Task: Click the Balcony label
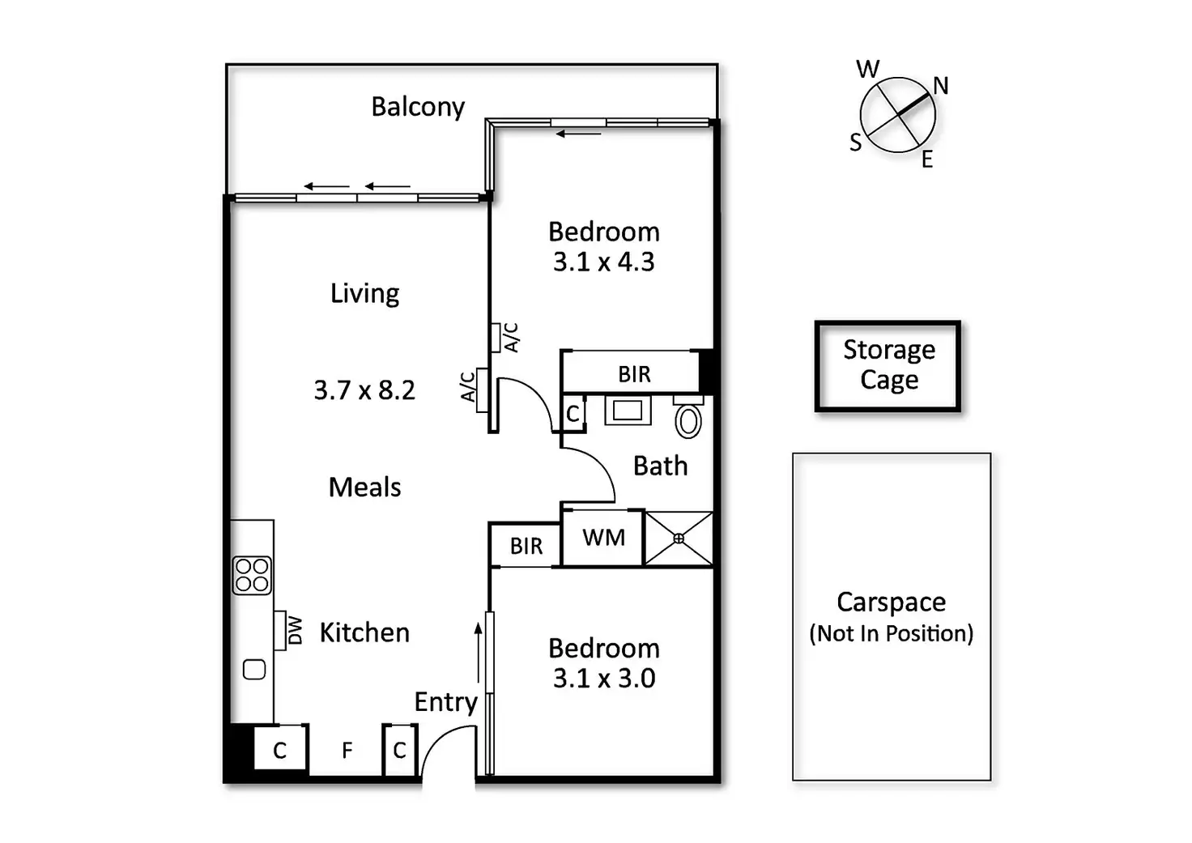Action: click(418, 107)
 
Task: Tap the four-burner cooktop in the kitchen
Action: click(252, 575)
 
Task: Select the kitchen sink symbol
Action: click(254, 670)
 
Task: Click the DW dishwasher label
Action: click(296, 630)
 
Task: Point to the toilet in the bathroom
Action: click(688, 419)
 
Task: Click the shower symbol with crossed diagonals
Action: click(679, 539)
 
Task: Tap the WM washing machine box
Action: click(603, 538)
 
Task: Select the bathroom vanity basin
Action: click(628, 411)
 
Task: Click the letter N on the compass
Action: click(941, 86)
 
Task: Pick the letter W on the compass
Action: click(868, 70)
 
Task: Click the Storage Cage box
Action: click(888, 365)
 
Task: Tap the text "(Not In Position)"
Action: click(891, 633)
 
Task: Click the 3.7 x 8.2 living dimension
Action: click(364, 390)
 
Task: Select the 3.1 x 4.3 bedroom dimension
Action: click(604, 262)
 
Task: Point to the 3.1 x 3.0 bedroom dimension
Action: click(604, 679)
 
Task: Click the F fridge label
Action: click(347, 751)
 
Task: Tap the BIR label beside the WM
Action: click(526, 547)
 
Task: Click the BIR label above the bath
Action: click(634, 374)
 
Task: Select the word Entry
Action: click(445, 702)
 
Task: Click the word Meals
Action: click(364, 487)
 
